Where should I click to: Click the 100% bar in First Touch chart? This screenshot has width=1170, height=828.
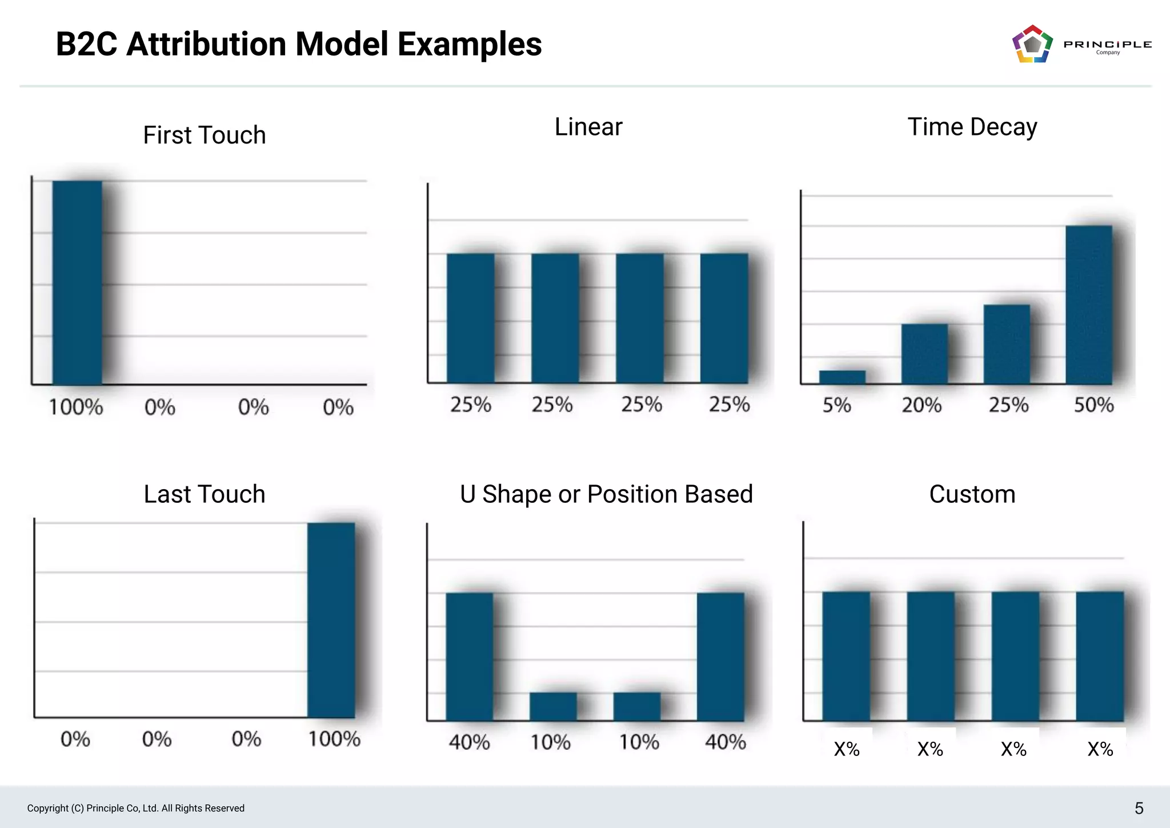pyautogui.click(x=77, y=282)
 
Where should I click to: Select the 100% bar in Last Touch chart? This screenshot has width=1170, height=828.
pyautogui.click(x=331, y=619)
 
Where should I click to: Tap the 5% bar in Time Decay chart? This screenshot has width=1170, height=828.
pyautogui.click(x=842, y=377)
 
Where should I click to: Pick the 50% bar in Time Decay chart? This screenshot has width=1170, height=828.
pyautogui.click(x=1088, y=305)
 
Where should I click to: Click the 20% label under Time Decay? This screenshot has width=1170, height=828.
pyautogui.click(x=921, y=405)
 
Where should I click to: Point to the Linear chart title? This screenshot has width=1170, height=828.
pyautogui.click(x=588, y=127)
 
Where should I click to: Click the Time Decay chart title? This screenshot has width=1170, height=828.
pyautogui.click(x=972, y=127)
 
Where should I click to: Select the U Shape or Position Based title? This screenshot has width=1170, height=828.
pyautogui.click(x=606, y=494)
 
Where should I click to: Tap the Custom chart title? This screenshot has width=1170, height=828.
pyautogui.click(x=972, y=494)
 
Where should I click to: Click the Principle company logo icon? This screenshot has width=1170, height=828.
pyautogui.click(x=1032, y=44)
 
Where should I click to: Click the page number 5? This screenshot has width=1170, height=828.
pyautogui.click(x=1139, y=808)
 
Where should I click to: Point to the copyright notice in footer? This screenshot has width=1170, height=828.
pyautogui.click(x=135, y=808)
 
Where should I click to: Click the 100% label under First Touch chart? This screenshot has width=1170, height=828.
pyautogui.click(x=76, y=407)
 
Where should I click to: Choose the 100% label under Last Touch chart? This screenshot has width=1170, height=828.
pyautogui.click(x=334, y=739)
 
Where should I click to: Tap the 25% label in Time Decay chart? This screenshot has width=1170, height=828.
pyautogui.click(x=1008, y=405)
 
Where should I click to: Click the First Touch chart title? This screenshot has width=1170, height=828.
pyautogui.click(x=204, y=135)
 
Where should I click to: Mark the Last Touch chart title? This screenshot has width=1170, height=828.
pyautogui.click(x=204, y=494)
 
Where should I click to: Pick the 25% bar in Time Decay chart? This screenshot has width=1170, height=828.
pyautogui.click(x=1007, y=344)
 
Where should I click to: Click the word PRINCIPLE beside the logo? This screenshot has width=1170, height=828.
pyautogui.click(x=1107, y=44)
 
